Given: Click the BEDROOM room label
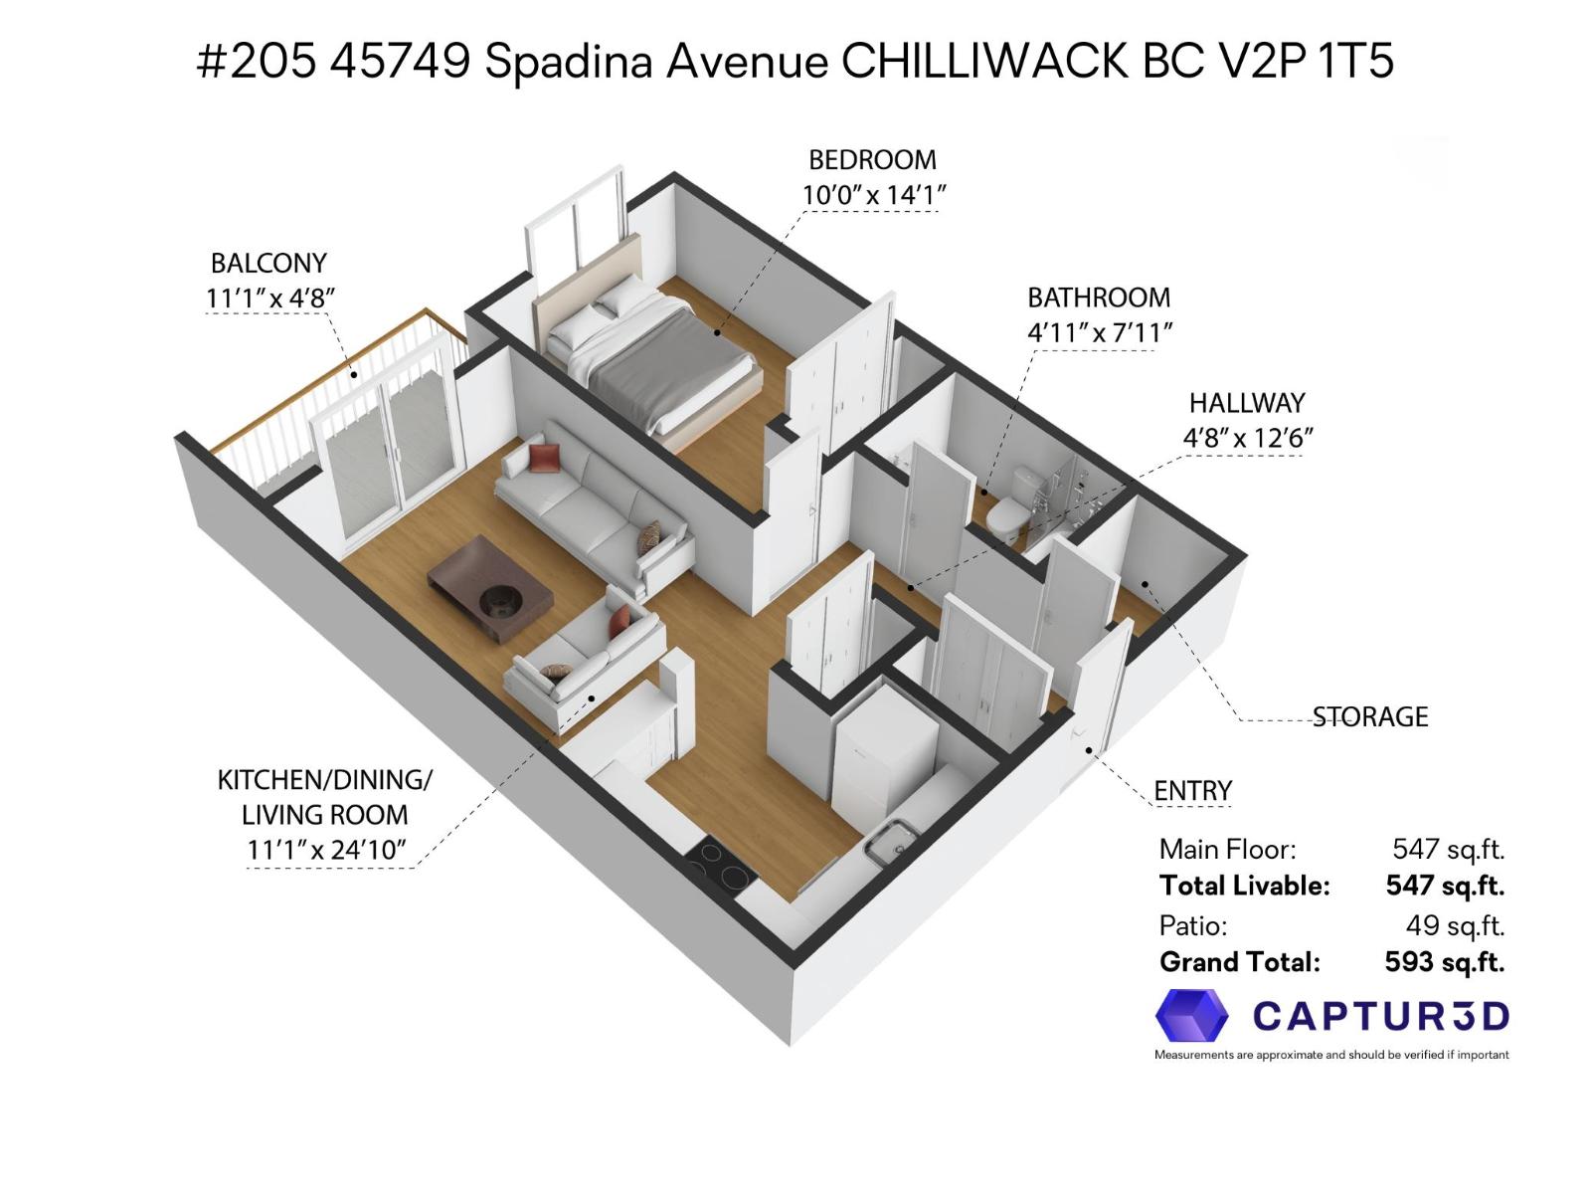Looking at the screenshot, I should click(x=872, y=160).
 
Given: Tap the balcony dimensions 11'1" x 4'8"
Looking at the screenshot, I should click(x=269, y=298).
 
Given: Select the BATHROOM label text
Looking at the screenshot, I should click(x=1098, y=298).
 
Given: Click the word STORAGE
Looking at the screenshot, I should click(x=1369, y=717).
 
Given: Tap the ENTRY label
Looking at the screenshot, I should click(x=1192, y=791).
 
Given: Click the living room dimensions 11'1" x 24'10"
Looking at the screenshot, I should click(x=327, y=850).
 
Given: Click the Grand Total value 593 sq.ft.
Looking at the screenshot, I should click(x=1444, y=962).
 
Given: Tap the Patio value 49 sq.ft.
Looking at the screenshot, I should click(x=1454, y=925).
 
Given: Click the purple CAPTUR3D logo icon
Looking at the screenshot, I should click(x=1191, y=1016).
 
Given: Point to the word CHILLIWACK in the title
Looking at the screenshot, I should click(x=985, y=62).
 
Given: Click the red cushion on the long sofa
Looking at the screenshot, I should click(x=544, y=458).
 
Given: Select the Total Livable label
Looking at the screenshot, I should click(x=1244, y=886).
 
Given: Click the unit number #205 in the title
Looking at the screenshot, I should click(x=257, y=62).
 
